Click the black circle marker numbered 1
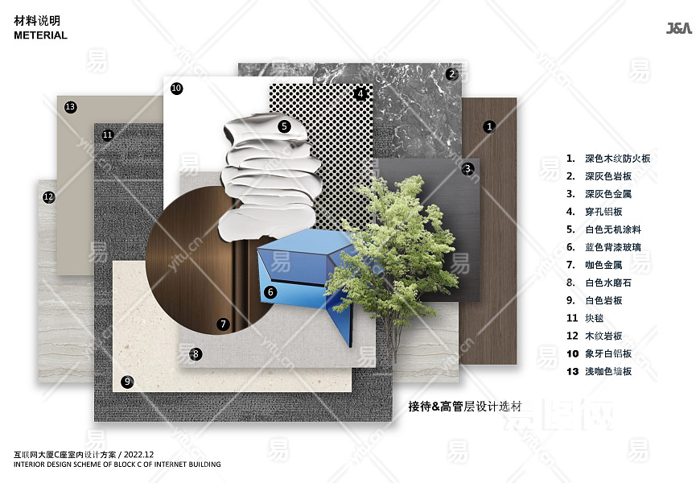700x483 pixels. click(489, 126)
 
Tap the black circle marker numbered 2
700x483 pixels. click(452, 74)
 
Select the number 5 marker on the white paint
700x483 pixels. click(284, 126)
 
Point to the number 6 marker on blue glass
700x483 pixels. click(270, 292)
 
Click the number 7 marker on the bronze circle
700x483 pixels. click(223, 324)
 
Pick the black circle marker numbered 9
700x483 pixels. click(127, 382)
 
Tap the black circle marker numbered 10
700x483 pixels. click(176, 88)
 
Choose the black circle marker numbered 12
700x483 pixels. click(48, 197)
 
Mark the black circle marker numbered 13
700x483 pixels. click(70, 107)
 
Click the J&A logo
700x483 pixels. click(678, 28)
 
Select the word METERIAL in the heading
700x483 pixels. click(40, 35)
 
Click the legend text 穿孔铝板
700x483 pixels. click(603, 212)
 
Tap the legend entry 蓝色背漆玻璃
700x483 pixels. click(613, 247)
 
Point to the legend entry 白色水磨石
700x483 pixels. click(608, 283)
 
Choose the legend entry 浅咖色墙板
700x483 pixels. click(608, 371)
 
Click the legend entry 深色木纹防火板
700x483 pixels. click(618, 159)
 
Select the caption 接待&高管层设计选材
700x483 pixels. click(465, 407)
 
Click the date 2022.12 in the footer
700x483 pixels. click(139, 454)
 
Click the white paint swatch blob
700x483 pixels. click(270, 176)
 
